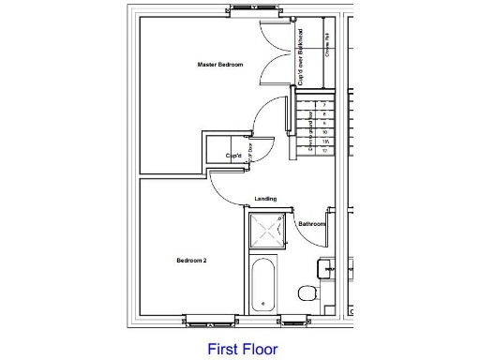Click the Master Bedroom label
(x=220, y=65)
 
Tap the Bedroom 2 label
(x=191, y=260)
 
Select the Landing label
(x=265, y=199)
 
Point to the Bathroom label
(x=311, y=224)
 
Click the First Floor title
(x=242, y=347)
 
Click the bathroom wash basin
(x=327, y=269)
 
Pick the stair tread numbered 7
(x=323, y=106)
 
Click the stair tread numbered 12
(x=323, y=150)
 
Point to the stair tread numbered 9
(x=323, y=124)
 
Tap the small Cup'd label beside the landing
(x=234, y=156)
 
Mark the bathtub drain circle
(x=263, y=302)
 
